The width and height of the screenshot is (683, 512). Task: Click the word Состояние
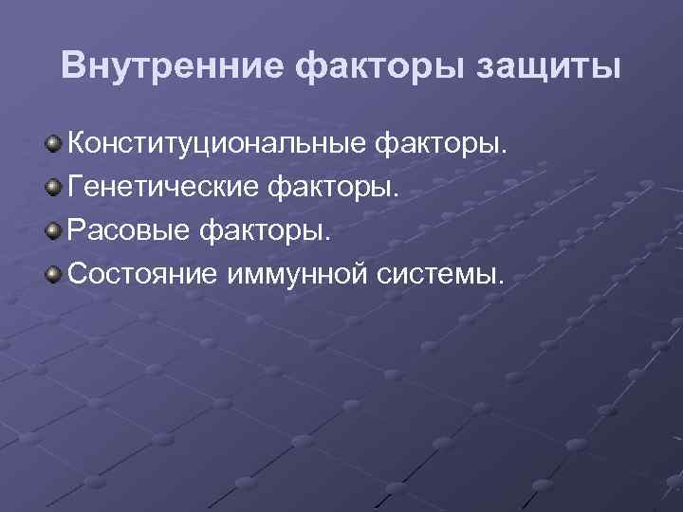coord(142,276)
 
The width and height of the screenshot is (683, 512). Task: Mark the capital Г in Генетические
coord(77,188)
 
